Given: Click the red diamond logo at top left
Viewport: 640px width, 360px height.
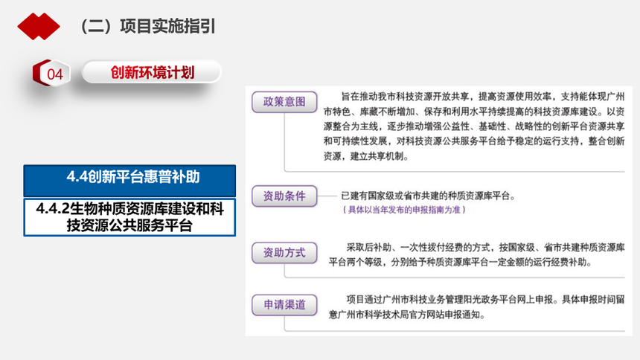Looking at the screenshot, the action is [39, 27].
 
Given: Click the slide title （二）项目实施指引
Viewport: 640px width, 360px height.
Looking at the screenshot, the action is [146, 27].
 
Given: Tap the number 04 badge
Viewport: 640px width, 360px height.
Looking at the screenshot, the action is [52, 74].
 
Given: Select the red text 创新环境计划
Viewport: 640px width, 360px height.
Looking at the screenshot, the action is [153, 73].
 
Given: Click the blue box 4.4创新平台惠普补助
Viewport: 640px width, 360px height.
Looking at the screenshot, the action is [129, 181].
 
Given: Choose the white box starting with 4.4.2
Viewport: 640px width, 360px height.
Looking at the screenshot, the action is [129, 217].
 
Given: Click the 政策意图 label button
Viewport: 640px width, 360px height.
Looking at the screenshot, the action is [284, 102].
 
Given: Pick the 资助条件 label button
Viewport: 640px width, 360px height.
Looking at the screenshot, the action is [284, 196].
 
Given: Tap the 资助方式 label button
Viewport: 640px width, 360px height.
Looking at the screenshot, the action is [284, 253].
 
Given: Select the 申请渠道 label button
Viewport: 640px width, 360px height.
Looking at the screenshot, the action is [284, 305].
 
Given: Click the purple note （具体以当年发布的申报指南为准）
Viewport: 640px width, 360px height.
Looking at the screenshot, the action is [403, 210].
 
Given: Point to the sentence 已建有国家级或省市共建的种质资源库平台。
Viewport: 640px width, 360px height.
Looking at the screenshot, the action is [429, 196].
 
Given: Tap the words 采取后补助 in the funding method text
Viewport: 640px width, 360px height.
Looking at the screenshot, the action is [369, 248].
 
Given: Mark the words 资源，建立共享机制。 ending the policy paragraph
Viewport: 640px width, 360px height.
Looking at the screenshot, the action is [366, 156].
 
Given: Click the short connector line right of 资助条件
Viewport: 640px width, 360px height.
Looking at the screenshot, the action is [327, 196].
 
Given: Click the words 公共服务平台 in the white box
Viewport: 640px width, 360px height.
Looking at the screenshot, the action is [161, 225].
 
